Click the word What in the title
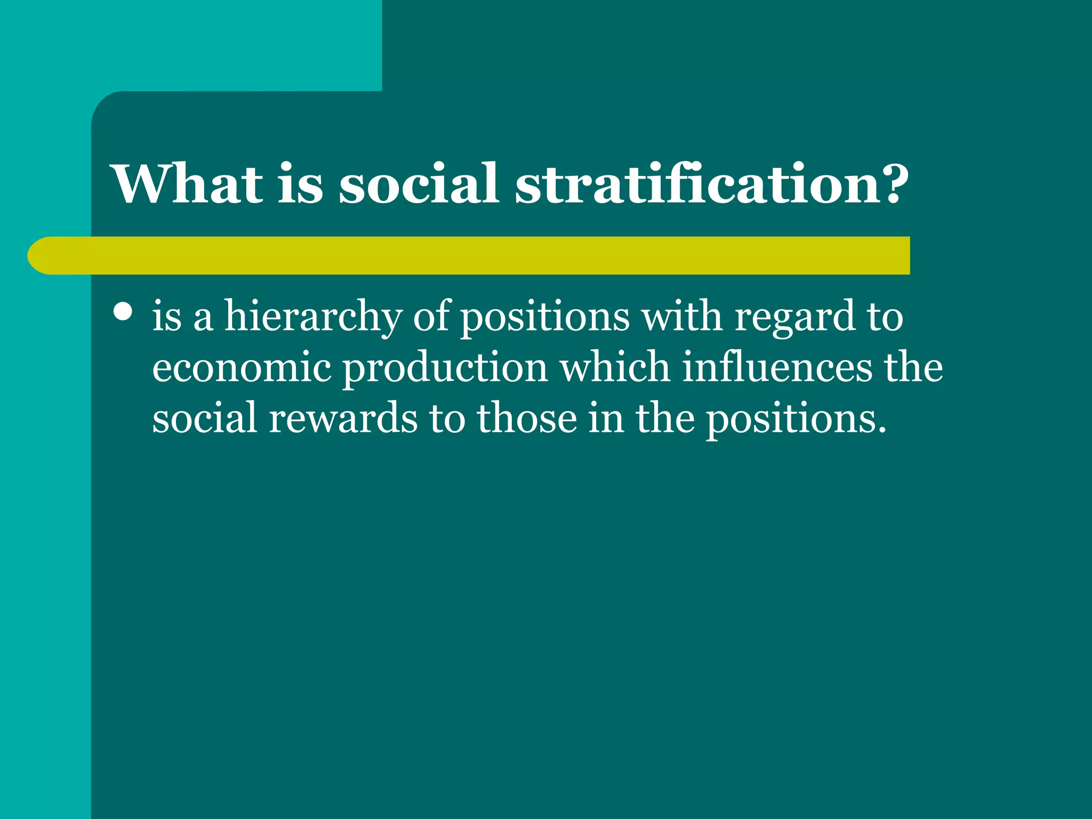pos(188,184)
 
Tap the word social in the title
pos(419,184)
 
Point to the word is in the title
pos(300,184)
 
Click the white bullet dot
pos(123,312)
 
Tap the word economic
pos(242,368)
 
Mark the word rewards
pos(343,417)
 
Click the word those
pos(527,417)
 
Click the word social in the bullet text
pos(205,417)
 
